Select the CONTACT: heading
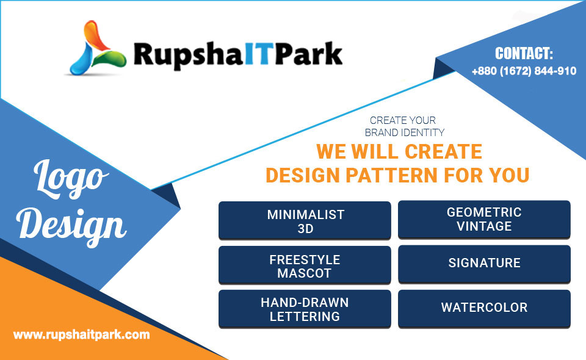click(524, 54)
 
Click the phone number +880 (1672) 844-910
click(524, 71)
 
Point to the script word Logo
click(71, 179)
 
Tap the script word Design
click(71, 226)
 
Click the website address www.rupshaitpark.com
click(81, 334)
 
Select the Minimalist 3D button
click(305, 220)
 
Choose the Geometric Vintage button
click(484, 219)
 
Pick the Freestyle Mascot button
click(305, 265)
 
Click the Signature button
click(484, 264)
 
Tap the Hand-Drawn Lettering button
click(305, 309)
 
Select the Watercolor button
click(484, 309)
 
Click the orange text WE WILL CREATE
click(399, 151)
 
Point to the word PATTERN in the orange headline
click(392, 175)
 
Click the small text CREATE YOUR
click(402, 120)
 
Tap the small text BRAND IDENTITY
click(404, 132)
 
